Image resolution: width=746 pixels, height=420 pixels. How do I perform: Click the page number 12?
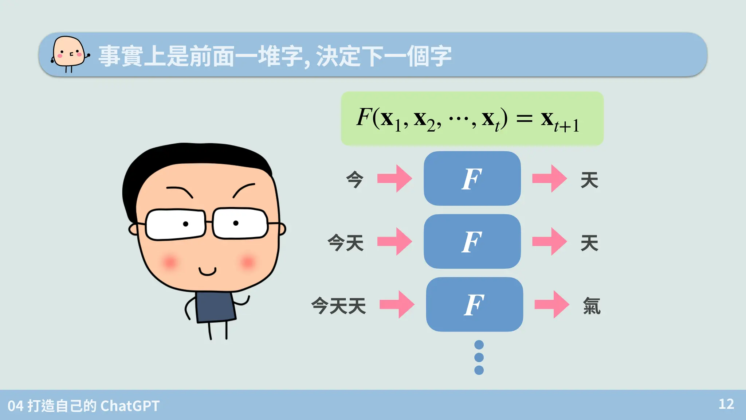tap(726, 404)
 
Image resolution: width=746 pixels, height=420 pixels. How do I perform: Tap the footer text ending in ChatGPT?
tap(83, 406)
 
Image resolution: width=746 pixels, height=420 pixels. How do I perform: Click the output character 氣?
tap(592, 306)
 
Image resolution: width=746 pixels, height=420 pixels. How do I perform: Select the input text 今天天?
tap(338, 306)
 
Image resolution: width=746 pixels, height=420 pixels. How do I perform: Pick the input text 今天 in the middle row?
tap(345, 242)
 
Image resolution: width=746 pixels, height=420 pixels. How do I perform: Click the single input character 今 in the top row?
tap(354, 179)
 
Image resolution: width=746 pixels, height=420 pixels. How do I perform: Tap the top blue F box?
tap(472, 179)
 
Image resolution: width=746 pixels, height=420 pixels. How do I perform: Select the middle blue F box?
tap(472, 242)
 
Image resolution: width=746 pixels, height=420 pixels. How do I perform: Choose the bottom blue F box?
tap(474, 304)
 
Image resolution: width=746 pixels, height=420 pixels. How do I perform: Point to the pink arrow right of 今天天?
tap(397, 304)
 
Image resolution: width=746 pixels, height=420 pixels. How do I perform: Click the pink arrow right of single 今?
tap(395, 179)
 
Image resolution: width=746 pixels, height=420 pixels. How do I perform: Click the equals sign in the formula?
tap(525, 118)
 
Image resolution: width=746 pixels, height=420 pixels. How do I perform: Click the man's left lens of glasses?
tap(176, 224)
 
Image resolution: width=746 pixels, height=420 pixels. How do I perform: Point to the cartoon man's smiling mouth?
tap(207, 271)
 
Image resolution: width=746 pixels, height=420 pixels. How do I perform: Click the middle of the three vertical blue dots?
tap(479, 357)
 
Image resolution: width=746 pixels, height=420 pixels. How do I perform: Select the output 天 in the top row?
tap(589, 180)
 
